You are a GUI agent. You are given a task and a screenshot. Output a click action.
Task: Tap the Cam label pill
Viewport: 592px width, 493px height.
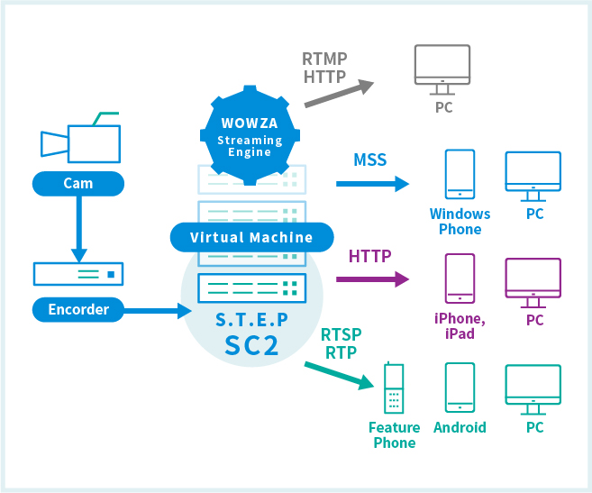[x=78, y=184]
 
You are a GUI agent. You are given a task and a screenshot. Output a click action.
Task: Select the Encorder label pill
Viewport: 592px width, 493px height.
[x=78, y=310]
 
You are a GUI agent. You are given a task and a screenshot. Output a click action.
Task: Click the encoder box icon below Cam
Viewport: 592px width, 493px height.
[x=78, y=274]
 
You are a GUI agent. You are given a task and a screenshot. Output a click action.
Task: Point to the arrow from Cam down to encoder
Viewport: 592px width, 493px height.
[x=79, y=229]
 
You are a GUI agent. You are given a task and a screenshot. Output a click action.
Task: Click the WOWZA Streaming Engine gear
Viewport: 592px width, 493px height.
[x=250, y=135]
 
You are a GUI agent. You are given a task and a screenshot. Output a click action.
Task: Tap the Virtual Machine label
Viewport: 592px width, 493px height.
[x=251, y=237]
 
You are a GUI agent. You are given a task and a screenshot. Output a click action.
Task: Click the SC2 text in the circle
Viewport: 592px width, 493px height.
[x=251, y=345]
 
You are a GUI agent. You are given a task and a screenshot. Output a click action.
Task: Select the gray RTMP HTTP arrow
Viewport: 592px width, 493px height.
[x=339, y=94]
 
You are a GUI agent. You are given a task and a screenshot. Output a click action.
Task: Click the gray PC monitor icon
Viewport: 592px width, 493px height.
[x=442, y=70]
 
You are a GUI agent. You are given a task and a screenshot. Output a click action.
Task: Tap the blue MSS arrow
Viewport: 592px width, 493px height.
[x=373, y=184]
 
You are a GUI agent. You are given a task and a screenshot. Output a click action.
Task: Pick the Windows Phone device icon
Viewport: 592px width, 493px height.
[x=460, y=174]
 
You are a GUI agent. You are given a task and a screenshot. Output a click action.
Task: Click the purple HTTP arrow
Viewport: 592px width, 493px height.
[x=373, y=279]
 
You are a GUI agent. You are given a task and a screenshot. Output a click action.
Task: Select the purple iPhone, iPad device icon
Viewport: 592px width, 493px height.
[x=460, y=278]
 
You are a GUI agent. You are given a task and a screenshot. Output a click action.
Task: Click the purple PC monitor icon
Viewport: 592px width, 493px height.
[x=533, y=283]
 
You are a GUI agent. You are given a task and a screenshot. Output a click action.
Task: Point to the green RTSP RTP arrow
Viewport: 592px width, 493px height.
[x=339, y=376]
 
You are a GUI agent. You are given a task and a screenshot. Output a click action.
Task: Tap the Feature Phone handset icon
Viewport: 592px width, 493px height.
[x=394, y=388]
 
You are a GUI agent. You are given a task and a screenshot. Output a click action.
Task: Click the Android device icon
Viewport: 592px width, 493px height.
[x=460, y=388]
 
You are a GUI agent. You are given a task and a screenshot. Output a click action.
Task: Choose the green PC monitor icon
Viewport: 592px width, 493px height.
[x=533, y=390]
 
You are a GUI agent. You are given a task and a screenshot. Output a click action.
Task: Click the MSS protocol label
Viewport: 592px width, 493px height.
[x=370, y=160]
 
